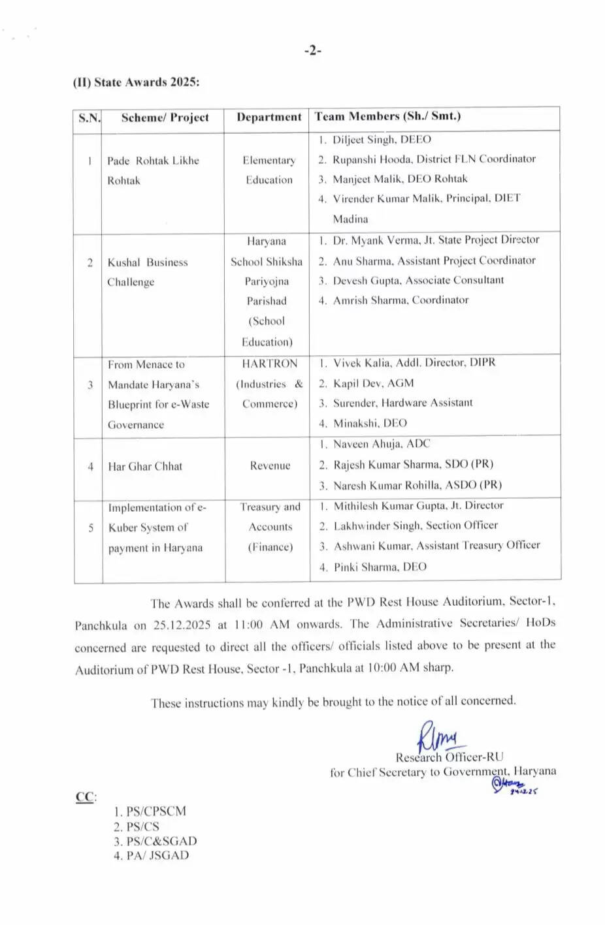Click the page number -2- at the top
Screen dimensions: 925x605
point(312,51)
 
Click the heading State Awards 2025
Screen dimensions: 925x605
point(137,82)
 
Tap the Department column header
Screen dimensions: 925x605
point(269,118)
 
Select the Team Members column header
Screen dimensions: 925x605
point(387,116)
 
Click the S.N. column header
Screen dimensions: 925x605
point(89,118)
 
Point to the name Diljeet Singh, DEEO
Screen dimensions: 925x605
point(382,139)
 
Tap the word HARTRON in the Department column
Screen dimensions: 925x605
point(269,364)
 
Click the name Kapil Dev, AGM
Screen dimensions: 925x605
point(373,383)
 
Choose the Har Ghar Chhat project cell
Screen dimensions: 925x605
point(145,466)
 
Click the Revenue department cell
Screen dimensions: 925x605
point(270,465)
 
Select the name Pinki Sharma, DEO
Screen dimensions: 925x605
point(380,567)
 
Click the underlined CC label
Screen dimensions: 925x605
point(85,797)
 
